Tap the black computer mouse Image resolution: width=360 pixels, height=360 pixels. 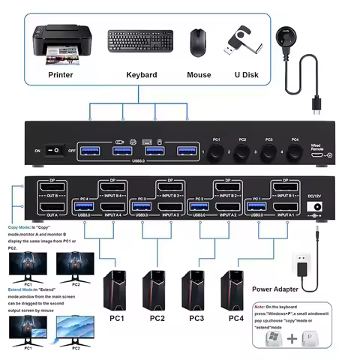(198, 43)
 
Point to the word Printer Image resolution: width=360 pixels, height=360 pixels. (60, 75)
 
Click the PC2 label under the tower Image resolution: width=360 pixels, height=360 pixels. (157, 318)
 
